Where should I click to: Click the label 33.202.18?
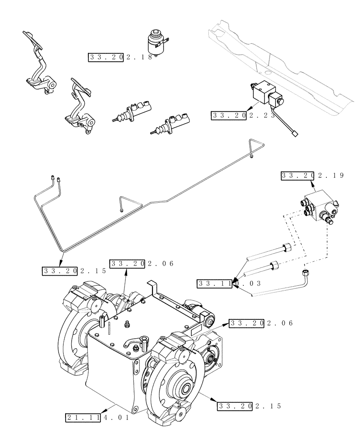tap(121, 57)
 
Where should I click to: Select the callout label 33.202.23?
tap(243, 116)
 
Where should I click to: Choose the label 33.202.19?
tap(312, 176)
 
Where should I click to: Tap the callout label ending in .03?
tap(229, 284)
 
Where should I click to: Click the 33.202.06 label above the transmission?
tap(142, 264)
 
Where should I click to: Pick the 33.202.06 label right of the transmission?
tap(261, 323)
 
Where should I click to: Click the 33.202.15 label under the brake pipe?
tap(74, 271)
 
